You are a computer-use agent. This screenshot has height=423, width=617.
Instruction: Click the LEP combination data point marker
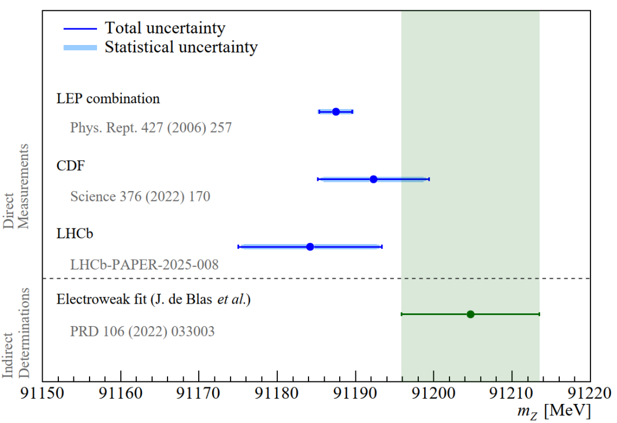tap(336, 111)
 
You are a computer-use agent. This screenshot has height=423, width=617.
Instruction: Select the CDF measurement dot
tap(373, 179)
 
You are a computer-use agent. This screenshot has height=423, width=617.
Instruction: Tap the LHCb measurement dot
tap(310, 246)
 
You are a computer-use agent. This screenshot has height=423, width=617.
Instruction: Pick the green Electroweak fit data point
tap(470, 314)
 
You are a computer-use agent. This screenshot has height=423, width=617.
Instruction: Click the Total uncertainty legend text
tap(165, 27)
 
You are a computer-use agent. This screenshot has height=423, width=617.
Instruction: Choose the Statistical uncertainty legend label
tap(181, 47)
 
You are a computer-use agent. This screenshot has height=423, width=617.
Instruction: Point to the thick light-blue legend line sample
tap(79, 47)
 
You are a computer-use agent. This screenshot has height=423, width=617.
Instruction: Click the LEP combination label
tap(108, 98)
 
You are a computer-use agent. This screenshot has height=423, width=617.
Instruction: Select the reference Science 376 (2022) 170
tap(140, 197)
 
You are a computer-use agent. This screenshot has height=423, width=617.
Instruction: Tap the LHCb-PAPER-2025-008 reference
tap(144, 265)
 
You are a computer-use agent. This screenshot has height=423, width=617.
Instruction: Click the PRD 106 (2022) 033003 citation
tap(142, 332)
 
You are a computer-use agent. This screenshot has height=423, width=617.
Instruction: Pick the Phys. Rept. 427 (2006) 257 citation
tap(151, 128)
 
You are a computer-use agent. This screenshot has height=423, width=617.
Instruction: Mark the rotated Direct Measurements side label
tap(17, 186)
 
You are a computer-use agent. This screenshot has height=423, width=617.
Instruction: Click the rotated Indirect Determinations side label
tap(17, 338)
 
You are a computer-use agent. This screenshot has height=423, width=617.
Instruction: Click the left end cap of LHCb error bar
tap(238, 246)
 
